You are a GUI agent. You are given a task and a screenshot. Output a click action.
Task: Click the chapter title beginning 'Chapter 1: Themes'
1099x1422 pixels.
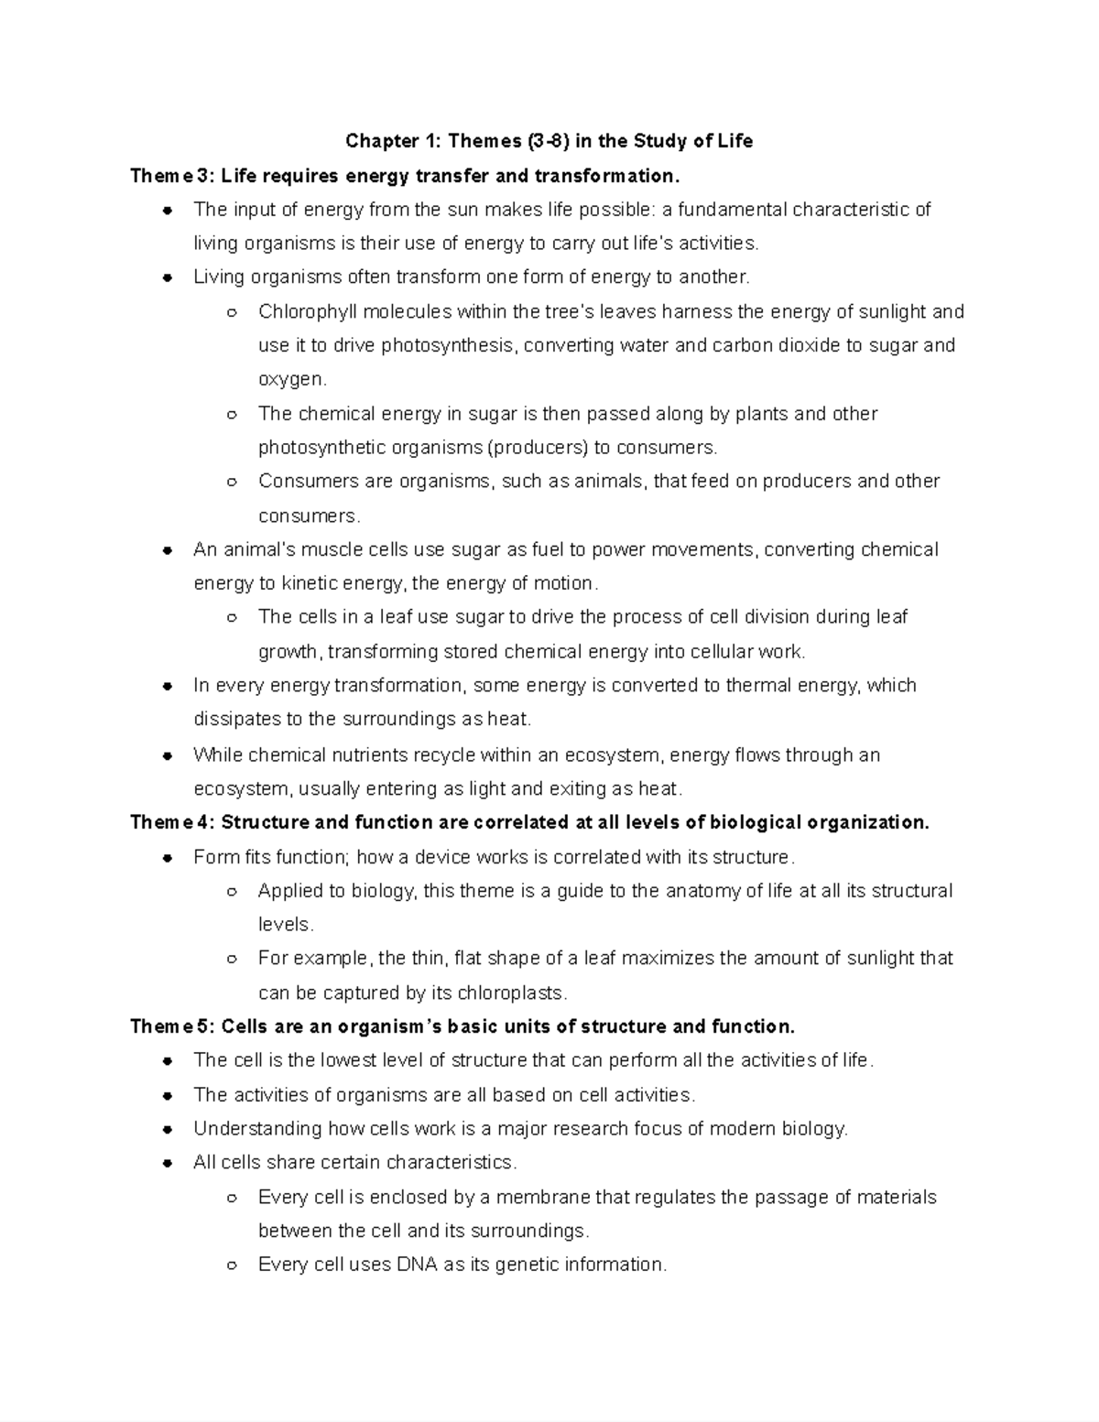(x=549, y=141)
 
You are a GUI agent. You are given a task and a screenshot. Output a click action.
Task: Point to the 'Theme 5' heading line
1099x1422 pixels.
(x=462, y=1026)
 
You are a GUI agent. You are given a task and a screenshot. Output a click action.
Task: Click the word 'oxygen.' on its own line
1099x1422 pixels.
(x=292, y=379)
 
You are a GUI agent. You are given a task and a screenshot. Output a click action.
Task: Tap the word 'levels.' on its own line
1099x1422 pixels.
(x=286, y=925)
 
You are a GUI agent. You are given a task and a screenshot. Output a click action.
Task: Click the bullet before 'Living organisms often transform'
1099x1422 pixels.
(x=168, y=277)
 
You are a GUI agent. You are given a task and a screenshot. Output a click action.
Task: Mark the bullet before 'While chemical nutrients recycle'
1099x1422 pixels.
(x=168, y=755)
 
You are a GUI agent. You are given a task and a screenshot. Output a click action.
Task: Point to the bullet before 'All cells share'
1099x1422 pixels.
(x=168, y=1163)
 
